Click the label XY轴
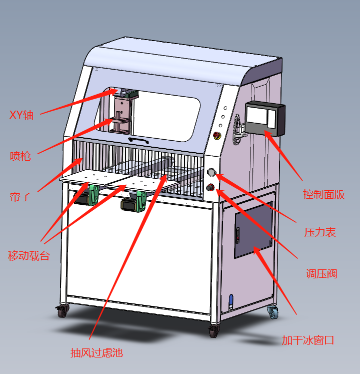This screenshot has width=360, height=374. click(21, 115)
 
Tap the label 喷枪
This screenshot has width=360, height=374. click(20, 156)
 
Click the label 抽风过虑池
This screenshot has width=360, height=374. click(96, 352)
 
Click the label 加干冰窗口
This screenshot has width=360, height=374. click(307, 340)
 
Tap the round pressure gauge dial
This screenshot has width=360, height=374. click(211, 173)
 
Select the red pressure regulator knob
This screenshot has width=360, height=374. click(211, 188)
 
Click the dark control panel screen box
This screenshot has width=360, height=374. click(264, 119)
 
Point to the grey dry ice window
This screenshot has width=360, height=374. click(253, 230)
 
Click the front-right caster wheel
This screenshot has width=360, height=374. click(213, 331)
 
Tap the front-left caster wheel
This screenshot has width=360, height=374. click(62, 311)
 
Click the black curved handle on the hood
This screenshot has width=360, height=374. click(138, 141)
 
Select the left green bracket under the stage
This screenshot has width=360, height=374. click(93, 195)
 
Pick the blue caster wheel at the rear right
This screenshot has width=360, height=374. click(273, 313)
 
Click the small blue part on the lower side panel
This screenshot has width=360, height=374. click(231, 301)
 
